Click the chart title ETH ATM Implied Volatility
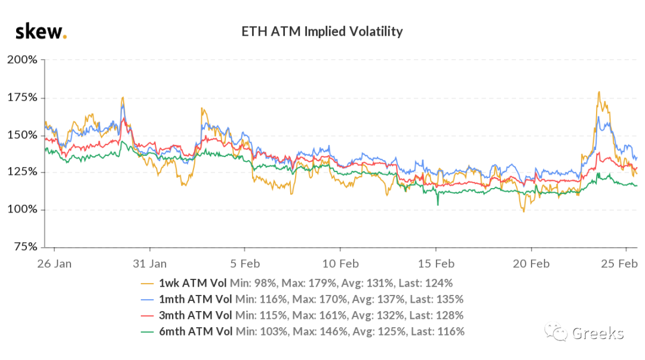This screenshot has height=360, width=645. click(x=322, y=31)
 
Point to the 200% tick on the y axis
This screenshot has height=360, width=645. click(x=22, y=60)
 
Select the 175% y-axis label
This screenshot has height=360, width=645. click(x=23, y=97)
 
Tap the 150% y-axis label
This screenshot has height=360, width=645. click(x=23, y=135)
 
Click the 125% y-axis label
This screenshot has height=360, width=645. click(x=23, y=172)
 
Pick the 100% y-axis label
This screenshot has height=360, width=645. click(x=22, y=210)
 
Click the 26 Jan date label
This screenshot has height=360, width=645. click(x=55, y=263)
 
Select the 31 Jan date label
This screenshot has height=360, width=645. click(x=149, y=263)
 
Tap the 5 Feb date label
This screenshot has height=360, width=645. click(x=244, y=263)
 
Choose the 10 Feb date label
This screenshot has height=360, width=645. click(x=340, y=263)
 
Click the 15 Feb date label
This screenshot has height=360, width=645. click(x=435, y=263)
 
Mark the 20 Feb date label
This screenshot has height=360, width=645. click(x=531, y=263)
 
